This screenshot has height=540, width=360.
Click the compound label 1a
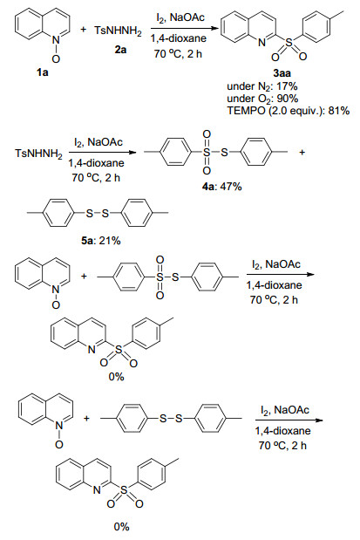(x=43, y=72)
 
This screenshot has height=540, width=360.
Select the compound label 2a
(x=120, y=50)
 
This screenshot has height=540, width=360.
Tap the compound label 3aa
(x=282, y=73)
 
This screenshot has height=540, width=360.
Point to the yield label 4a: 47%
(x=222, y=187)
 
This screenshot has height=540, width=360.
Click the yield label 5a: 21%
(x=101, y=241)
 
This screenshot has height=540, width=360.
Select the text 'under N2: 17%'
(x=262, y=86)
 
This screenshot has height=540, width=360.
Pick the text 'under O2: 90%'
(x=262, y=99)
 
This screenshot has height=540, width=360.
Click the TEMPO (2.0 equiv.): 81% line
(x=289, y=111)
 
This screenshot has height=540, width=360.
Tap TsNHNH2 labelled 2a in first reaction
(x=118, y=31)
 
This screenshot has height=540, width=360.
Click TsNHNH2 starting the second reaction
(x=38, y=153)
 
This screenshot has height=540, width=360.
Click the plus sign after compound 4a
(x=302, y=152)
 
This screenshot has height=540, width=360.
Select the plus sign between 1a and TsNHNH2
(x=84, y=30)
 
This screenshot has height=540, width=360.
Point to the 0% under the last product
(x=121, y=526)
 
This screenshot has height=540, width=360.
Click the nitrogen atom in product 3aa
(x=262, y=43)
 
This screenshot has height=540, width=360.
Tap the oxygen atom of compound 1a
(x=56, y=59)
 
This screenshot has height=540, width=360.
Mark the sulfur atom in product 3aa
(x=289, y=43)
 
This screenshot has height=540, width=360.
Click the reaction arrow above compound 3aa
(x=185, y=28)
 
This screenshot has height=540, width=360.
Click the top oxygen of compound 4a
(x=207, y=134)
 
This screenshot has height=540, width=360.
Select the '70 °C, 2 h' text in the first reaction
(x=178, y=53)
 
